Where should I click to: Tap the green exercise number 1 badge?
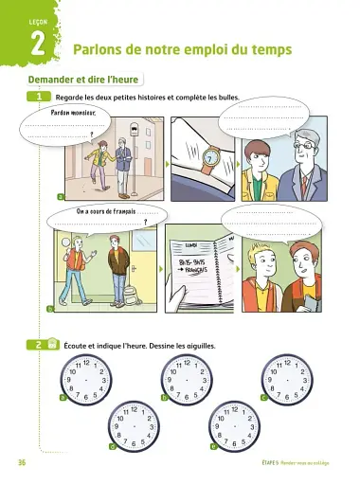[40, 97]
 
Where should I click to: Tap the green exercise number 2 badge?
[39, 346]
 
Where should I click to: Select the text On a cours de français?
[105, 212]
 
